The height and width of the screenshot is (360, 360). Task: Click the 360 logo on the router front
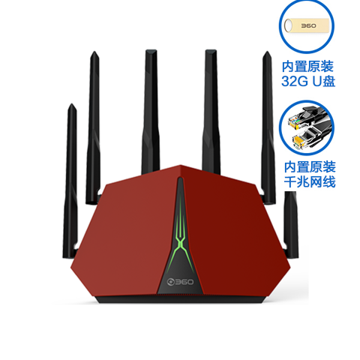click(180, 282)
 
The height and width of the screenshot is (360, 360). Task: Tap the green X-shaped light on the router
click(180, 240)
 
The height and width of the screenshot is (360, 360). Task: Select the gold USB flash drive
click(307, 25)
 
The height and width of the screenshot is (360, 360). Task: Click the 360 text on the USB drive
click(308, 25)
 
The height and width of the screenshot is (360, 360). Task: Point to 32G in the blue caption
click(295, 81)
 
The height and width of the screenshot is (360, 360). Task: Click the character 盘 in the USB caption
click(328, 81)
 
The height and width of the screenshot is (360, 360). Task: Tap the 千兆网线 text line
click(310, 181)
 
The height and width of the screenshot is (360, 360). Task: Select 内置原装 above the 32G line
click(307, 66)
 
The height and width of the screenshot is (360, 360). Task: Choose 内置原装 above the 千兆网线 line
click(310, 166)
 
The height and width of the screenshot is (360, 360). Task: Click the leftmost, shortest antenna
click(70, 180)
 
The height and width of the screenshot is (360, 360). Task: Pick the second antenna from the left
click(94, 127)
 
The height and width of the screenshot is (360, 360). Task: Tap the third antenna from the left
click(151, 111)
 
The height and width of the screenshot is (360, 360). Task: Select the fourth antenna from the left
click(211, 111)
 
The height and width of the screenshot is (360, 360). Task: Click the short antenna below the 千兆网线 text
click(291, 225)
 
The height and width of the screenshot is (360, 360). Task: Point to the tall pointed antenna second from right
click(268, 127)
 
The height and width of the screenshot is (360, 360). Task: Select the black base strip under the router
click(180, 299)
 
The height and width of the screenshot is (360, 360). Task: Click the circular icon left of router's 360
click(170, 282)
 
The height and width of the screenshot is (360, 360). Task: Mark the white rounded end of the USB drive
click(288, 25)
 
